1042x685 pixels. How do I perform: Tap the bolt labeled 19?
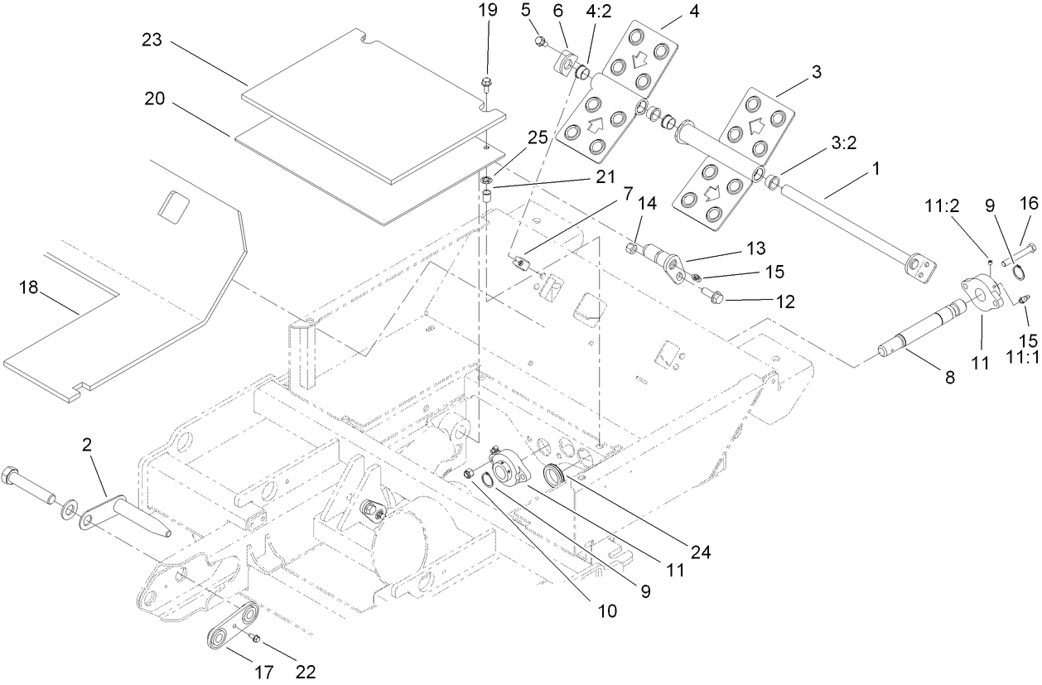(487, 82)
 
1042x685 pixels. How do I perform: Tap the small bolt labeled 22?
(255, 639)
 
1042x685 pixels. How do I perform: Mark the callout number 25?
(538, 138)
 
